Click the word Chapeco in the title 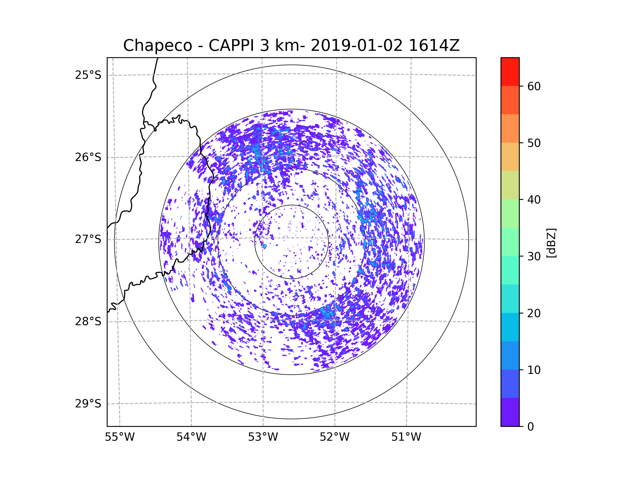tap(157, 46)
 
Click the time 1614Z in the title tap(434, 46)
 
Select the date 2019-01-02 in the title tap(357, 46)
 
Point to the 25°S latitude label tap(88, 75)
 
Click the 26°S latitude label tap(88, 157)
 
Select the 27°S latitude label tap(88, 239)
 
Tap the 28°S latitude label tap(88, 321)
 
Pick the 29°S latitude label tap(88, 404)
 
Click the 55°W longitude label tap(120, 437)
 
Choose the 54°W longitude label tap(191, 437)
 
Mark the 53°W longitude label tap(263, 437)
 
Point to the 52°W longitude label tap(334, 437)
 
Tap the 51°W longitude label tap(406, 437)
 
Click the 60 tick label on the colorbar tap(534, 86)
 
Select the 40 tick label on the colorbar tap(534, 200)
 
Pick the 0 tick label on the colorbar tap(531, 427)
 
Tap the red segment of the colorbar tap(510, 72)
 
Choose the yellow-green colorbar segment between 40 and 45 tap(510, 185)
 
